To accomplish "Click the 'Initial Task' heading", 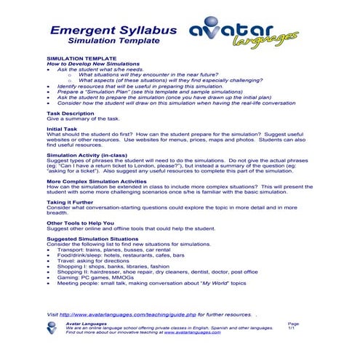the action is pyautogui.click(x=61, y=128).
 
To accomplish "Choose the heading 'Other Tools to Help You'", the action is pyautogui.click(x=80, y=222).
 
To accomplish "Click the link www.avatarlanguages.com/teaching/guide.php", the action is pyautogui.click(x=138, y=314).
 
